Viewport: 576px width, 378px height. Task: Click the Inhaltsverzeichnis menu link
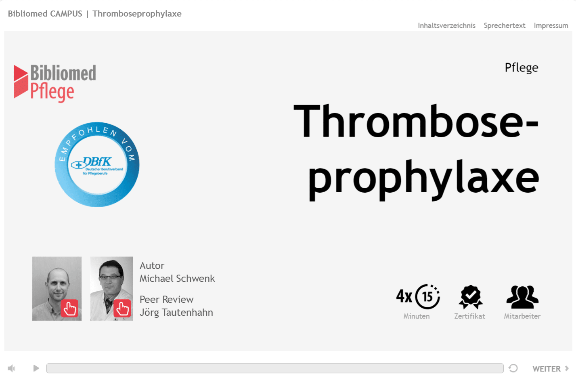point(446,25)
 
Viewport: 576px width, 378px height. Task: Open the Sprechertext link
point(504,25)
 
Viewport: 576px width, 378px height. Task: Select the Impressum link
point(551,25)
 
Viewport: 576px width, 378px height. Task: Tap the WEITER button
point(550,368)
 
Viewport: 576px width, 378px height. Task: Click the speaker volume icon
point(11,368)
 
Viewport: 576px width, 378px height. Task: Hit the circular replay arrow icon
point(513,368)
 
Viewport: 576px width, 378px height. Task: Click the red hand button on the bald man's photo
point(69,308)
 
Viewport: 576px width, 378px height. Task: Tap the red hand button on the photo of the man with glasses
point(122,308)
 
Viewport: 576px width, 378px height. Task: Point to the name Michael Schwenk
point(177,278)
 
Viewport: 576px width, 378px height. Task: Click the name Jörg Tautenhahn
point(176,313)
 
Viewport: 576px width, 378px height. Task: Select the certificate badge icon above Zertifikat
point(471,297)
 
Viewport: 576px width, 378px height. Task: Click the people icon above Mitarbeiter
point(522,297)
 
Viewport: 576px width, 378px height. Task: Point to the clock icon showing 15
point(427,297)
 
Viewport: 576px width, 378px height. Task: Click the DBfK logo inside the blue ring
point(97,166)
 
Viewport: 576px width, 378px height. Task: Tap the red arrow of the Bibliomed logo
point(21,82)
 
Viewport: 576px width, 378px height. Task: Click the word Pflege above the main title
point(522,68)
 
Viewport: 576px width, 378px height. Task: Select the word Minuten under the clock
point(416,316)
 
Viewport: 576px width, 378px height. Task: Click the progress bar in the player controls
point(274,368)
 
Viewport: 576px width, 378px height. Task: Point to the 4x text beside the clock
point(404,296)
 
